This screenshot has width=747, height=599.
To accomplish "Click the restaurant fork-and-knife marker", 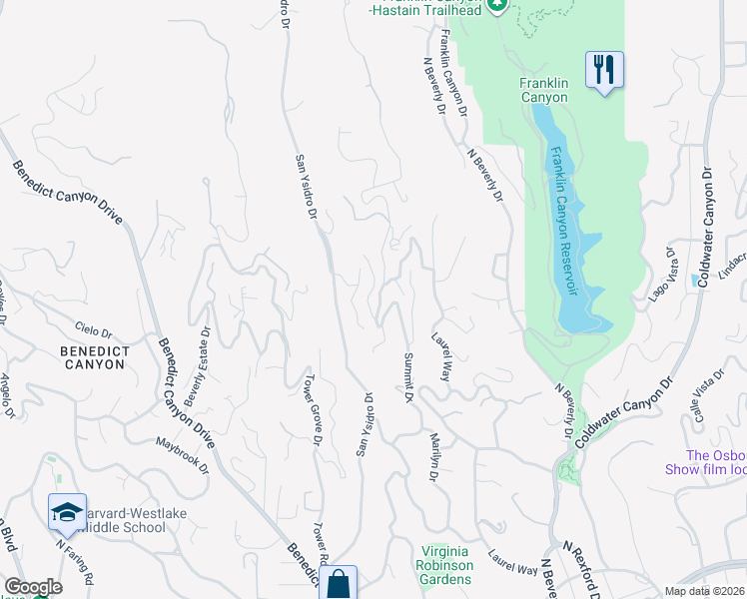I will (604, 70).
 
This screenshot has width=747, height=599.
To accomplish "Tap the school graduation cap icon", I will (67, 512).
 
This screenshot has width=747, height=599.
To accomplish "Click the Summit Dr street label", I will (408, 377).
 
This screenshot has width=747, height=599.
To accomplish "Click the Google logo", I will (33, 587).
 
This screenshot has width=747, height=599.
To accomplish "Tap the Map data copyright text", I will (704, 591).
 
